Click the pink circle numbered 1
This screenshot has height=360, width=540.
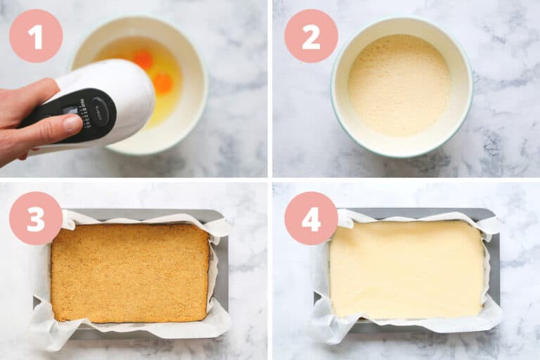coord(35,36)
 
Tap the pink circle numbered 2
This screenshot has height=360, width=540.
coord(311,36)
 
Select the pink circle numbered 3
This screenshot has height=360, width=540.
coord(35,218)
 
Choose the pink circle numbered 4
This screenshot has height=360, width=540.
coord(311,218)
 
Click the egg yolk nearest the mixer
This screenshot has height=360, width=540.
coord(163,84)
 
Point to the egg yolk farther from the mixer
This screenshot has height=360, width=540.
coord(143,60)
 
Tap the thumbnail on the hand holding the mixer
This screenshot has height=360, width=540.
coord(72,124)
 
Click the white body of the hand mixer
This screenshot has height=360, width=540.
coord(130,88)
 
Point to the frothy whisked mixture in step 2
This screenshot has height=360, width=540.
coord(399,85)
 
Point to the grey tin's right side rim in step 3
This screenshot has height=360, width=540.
coord(224,274)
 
